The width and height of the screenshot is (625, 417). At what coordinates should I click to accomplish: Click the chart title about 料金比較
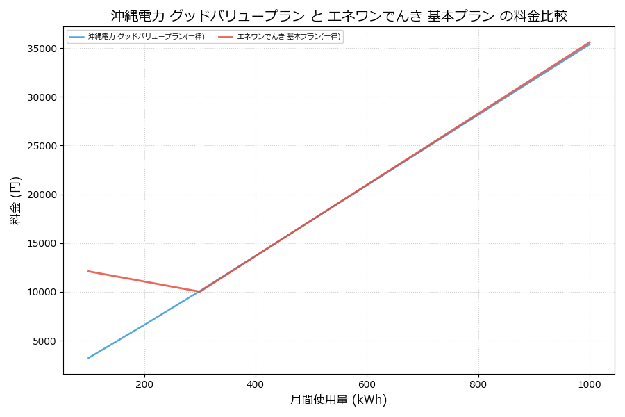(x=339, y=16)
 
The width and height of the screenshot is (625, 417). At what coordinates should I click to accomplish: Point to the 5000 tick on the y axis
(x=47, y=341)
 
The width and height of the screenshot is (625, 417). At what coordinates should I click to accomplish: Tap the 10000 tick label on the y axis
(x=44, y=293)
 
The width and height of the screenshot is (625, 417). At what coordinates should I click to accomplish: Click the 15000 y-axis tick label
(x=44, y=244)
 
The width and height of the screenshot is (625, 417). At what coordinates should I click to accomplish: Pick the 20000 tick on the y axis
(x=44, y=195)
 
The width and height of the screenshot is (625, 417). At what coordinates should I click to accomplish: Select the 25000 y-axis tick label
(x=44, y=147)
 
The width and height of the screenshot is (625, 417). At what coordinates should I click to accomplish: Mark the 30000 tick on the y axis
(x=44, y=98)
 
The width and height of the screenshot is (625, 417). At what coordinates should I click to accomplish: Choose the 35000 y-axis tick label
(x=44, y=49)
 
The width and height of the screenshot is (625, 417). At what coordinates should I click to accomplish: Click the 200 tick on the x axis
(x=144, y=383)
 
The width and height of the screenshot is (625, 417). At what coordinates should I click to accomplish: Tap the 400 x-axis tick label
(x=256, y=383)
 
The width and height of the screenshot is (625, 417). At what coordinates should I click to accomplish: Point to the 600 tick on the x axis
(x=367, y=383)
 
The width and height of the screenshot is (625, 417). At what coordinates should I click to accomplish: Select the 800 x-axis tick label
(x=478, y=383)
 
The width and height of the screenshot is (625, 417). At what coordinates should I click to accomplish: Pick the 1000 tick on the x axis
(x=590, y=383)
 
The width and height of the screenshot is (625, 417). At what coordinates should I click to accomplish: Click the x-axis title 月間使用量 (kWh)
(x=339, y=400)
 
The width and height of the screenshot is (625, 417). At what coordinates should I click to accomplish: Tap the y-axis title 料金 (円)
(x=16, y=200)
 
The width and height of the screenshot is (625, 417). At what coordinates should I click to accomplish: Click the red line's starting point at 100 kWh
(x=88, y=271)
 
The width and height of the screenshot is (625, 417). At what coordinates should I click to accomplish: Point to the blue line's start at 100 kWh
(x=88, y=358)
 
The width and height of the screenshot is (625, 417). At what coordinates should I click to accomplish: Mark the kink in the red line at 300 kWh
(x=200, y=292)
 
